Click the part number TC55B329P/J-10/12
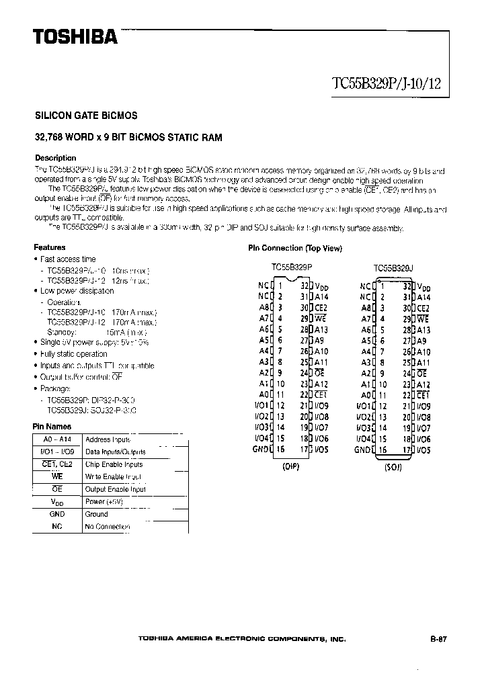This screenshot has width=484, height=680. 387,85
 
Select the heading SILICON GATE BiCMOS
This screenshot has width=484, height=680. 86,116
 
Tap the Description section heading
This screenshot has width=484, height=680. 55,158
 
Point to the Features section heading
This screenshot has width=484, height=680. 50,247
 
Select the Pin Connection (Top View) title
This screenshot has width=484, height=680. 295,248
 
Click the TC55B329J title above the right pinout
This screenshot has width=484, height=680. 393,267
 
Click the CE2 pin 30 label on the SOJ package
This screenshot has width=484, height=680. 423,308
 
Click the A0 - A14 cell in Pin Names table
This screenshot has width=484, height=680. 56,439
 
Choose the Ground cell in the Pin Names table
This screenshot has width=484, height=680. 96,514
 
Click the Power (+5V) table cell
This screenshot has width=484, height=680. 104,501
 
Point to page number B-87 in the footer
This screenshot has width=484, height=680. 438,640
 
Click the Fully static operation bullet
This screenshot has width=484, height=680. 73,354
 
